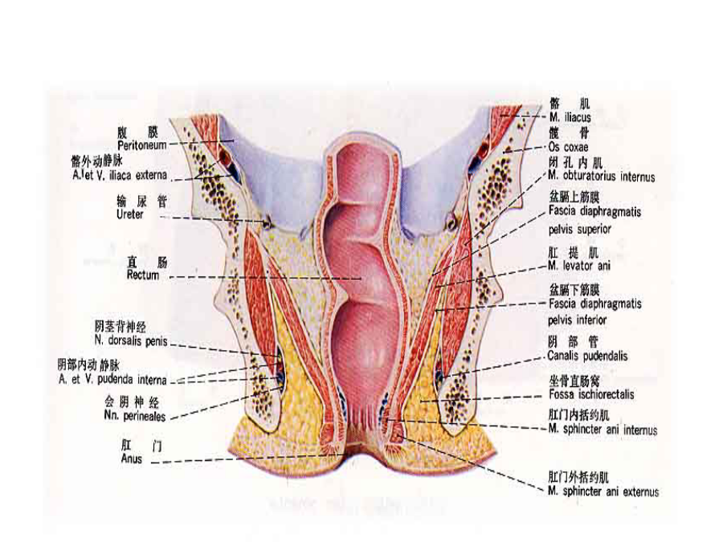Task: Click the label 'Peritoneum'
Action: tap(141, 145)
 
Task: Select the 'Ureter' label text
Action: tap(129, 216)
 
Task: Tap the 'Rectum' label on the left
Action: tap(143, 275)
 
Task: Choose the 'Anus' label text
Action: tap(132, 459)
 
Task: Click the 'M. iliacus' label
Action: tap(570, 117)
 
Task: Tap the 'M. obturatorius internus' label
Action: tap(601, 177)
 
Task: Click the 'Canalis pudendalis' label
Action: tap(587, 355)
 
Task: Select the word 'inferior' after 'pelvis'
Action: tap(589, 319)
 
